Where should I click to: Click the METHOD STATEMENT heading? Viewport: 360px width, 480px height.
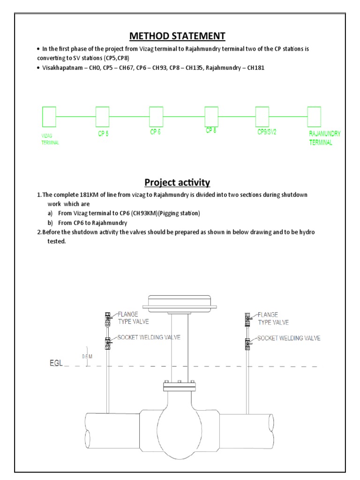(x=177, y=36)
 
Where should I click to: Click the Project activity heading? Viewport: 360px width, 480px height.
(x=177, y=182)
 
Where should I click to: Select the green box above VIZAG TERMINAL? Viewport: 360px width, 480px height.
(x=49, y=116)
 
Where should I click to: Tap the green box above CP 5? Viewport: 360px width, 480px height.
(x=102, y=116)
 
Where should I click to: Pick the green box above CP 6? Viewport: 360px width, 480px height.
(x=156, y=116)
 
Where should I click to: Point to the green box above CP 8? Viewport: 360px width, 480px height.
(x=211, y=116)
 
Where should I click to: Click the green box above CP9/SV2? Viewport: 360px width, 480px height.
(x=262, y=116)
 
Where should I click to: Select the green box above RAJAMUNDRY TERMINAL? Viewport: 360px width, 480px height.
(x=314, y=116)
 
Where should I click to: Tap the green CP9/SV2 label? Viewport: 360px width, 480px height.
(x=267, y=132)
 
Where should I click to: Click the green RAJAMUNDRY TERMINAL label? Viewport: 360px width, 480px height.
(x=324, y=138)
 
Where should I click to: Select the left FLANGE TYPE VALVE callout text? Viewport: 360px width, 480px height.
(x=133, y=318)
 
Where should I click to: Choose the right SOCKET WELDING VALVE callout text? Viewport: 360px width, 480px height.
(x=289, y=338)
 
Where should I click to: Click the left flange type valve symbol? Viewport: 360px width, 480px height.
(x=107, y=319)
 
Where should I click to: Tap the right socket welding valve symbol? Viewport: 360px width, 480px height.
(x=247, y=344)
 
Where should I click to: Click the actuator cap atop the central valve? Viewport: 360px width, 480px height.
(x=182, y=302)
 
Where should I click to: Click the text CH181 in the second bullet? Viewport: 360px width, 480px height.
(x=255, y=67)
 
